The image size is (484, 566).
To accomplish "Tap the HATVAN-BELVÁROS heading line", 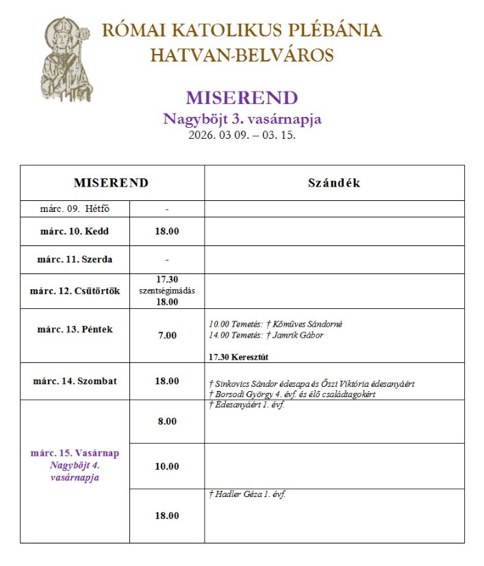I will [242, 55].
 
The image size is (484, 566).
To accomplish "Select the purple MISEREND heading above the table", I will [242, 98].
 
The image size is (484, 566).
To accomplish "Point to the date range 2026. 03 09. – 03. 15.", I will [242, 135].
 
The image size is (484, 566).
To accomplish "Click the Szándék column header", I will [334, 183].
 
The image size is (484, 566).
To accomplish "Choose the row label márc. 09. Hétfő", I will [75, 208].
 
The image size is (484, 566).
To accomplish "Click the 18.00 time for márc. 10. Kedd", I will [166, 231].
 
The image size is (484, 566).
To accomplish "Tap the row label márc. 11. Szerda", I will [75, 260].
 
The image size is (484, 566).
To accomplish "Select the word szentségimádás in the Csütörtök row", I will [166, 290].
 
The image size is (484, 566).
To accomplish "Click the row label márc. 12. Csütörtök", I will [75, 291].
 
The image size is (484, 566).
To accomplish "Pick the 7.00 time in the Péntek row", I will [166, 335].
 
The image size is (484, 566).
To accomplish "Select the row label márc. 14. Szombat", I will [75, 381].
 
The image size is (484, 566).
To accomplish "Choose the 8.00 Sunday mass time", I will [166, 421].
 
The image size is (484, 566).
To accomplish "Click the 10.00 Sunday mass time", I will [166, 466].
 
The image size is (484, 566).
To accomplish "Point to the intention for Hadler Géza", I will [246, 495].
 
